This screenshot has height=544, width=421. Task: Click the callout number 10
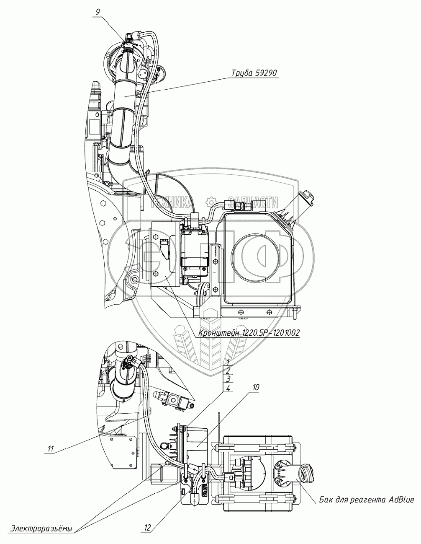pyautogui.click(x=255, y=388)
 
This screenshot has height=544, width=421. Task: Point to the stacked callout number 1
pyautogui.click(x=228, y=362)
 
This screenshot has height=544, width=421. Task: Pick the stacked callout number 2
pyautogui.click(x=228, y=370)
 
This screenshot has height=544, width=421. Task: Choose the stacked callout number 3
pyautogui.click(x=228, y=379)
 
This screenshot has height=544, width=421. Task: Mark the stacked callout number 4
pyautogui.click(x=228, y=389)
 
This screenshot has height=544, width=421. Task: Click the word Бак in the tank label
pyautogui.click(x=326, y=499)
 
